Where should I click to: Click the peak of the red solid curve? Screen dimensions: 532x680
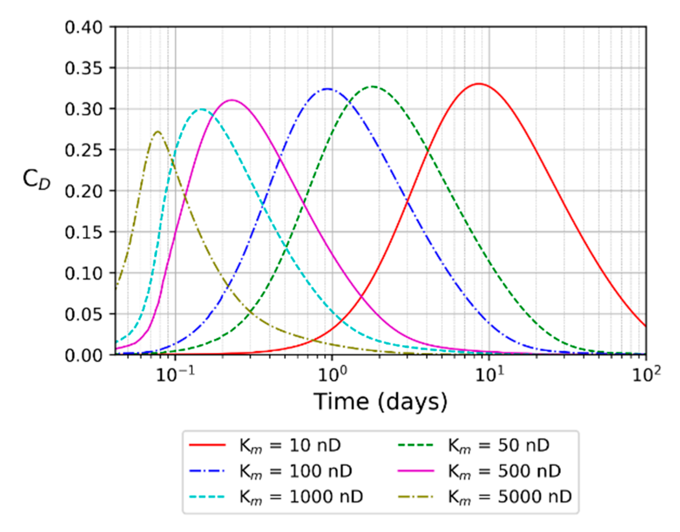point(479,84)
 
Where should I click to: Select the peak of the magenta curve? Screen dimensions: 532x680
point(232,100)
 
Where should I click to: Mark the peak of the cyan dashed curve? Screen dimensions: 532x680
point(201,109)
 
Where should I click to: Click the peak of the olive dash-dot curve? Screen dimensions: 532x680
point(157,131)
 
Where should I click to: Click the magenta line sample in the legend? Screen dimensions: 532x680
point(416,471)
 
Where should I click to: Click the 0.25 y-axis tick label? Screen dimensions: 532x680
point(83,150)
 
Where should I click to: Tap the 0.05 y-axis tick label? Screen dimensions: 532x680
point(83,314)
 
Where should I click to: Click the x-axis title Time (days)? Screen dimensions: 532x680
point(380,401)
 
